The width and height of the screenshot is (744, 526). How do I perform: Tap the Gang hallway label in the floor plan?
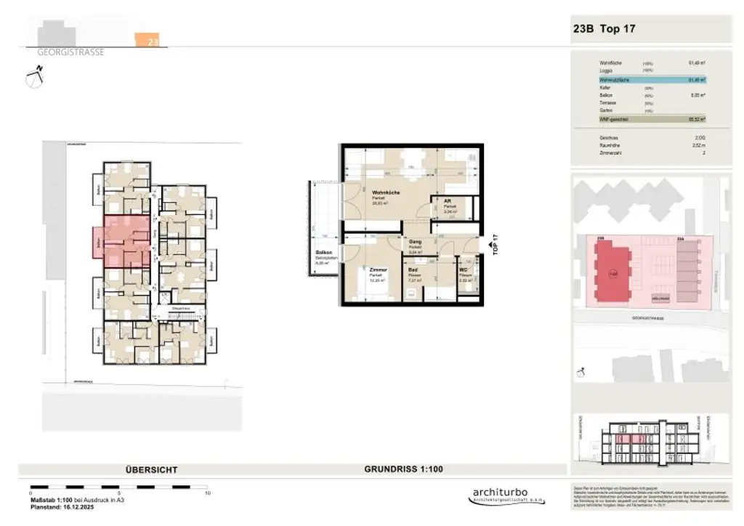[x=416, y=242]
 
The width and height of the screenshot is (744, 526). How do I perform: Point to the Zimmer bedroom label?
[x=376, y=270]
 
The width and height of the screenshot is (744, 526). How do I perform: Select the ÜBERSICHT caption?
[x=151, y=470]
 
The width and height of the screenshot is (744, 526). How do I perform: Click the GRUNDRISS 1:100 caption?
[x=403, y=470]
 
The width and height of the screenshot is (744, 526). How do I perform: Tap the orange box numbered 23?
[x=151, y=41]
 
